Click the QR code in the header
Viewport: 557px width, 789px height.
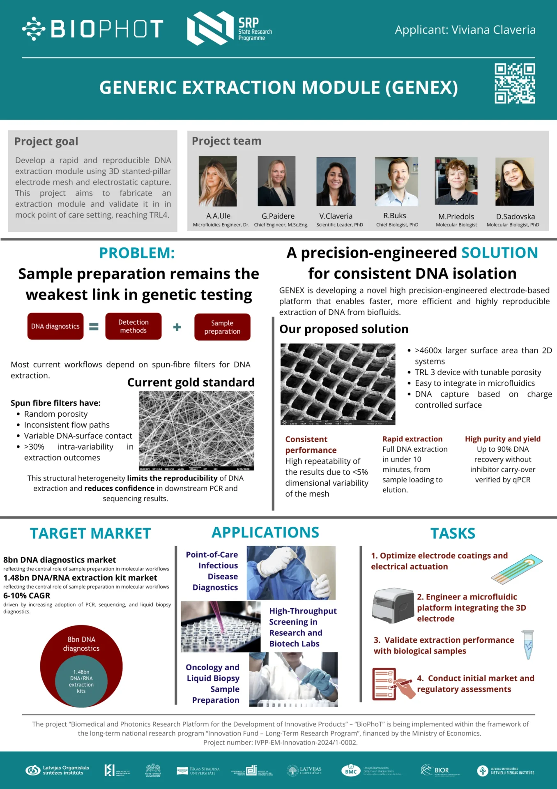pos(515,83)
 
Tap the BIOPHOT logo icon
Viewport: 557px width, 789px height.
pos(33,29)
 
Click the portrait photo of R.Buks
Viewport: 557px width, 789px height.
pos(396,181)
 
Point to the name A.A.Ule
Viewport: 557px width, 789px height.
pos(218,216)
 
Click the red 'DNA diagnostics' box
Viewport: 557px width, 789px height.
pos(55,326)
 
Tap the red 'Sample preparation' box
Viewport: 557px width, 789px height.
pos(222,327)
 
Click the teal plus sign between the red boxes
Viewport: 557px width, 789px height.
pos(177,327)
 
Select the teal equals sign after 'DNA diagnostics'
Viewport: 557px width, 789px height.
pos(94,327)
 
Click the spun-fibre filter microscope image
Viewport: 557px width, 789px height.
pos(196,430)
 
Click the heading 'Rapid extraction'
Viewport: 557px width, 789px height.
pos(412,439)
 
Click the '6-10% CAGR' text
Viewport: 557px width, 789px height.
pos(27,595)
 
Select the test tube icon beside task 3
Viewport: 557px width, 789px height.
pos(528,645)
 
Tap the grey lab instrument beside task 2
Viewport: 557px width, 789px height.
pos(393,605)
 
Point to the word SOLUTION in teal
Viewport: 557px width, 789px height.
pos(499,253)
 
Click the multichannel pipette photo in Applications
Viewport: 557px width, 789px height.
pos(221,626)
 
